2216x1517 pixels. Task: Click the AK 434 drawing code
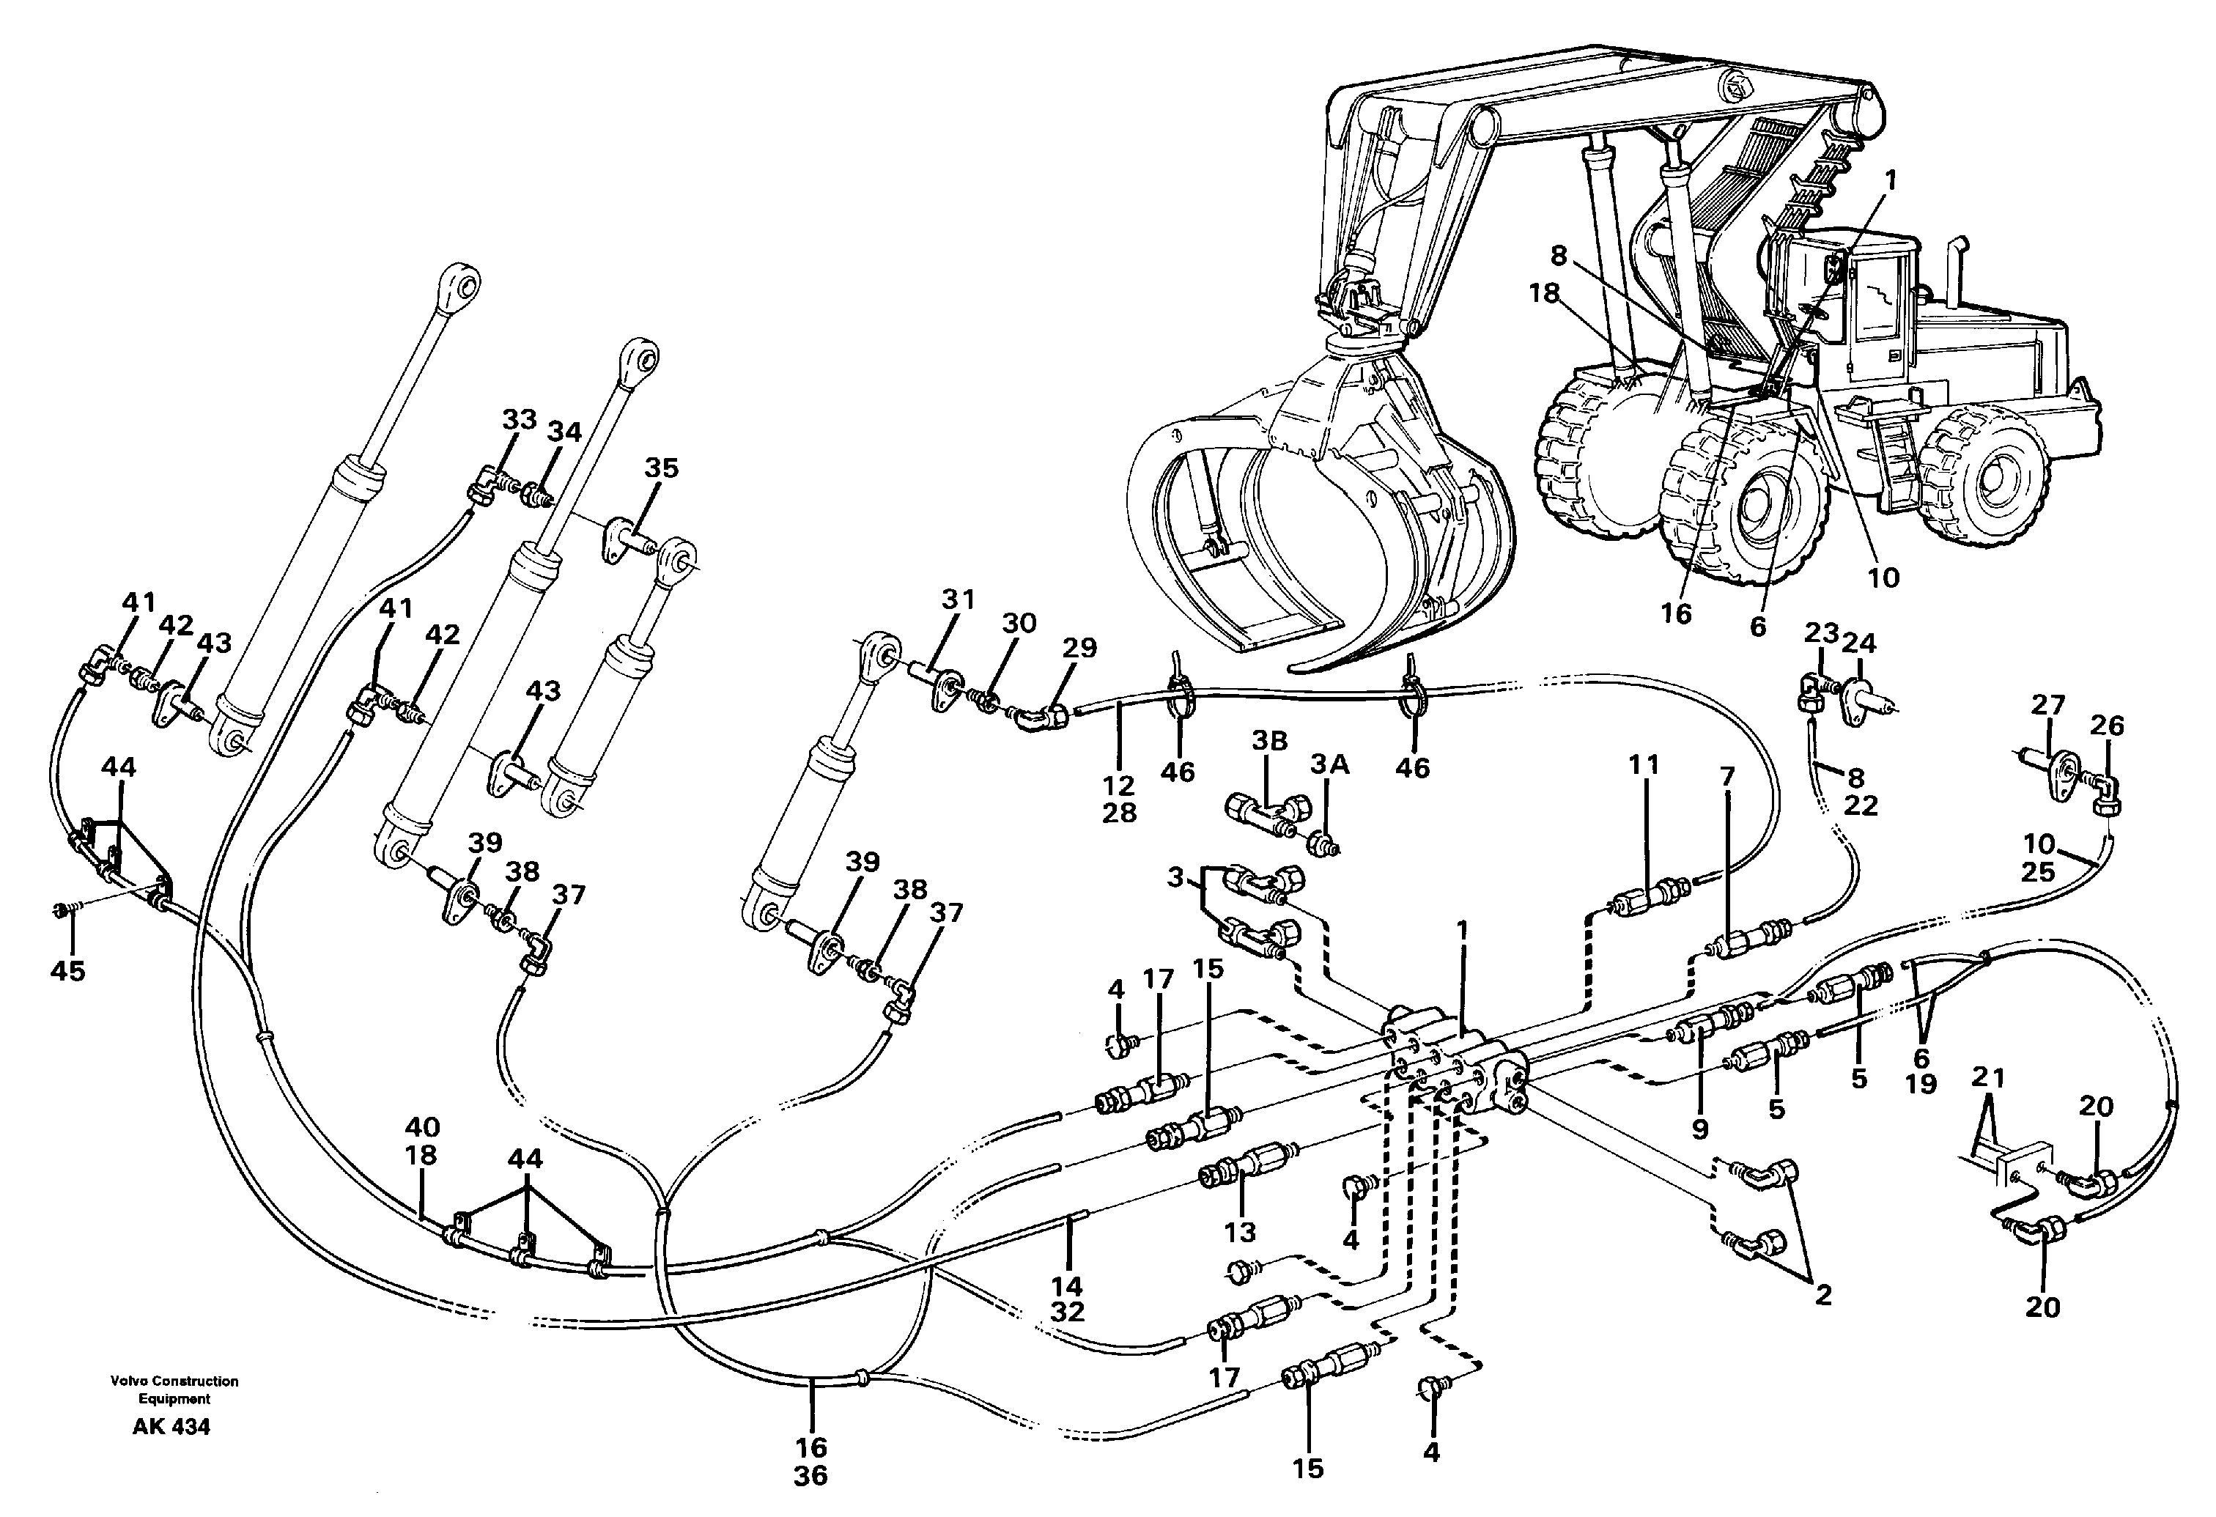point(171,1428)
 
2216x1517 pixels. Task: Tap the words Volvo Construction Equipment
point(174,1390)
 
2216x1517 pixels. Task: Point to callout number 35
point(661,468)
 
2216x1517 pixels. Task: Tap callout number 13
point(1240,1232)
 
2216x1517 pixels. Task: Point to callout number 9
point(1700,1128)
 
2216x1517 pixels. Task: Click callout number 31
point(959,599)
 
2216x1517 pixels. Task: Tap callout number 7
point(1726,777)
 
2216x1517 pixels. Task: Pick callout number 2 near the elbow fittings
point(1823,1296)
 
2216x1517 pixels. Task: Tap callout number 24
point(1858,643)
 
